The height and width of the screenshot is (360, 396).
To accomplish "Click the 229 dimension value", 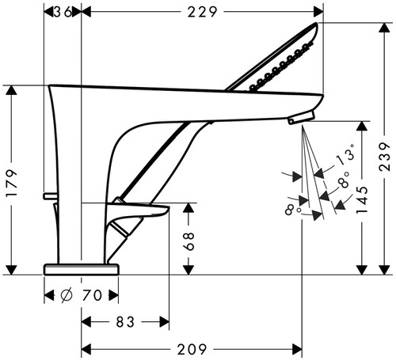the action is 202,12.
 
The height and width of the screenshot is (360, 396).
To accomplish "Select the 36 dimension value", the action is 63,12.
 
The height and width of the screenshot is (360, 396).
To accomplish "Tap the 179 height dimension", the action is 12,184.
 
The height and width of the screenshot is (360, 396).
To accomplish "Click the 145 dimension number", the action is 362,199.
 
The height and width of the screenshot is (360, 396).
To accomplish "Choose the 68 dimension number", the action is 189,241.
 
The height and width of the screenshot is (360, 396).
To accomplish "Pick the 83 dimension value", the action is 125,322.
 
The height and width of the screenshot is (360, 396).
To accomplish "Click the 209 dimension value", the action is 192,350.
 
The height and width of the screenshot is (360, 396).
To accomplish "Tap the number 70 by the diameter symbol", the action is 92,295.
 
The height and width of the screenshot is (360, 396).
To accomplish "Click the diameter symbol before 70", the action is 67,295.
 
